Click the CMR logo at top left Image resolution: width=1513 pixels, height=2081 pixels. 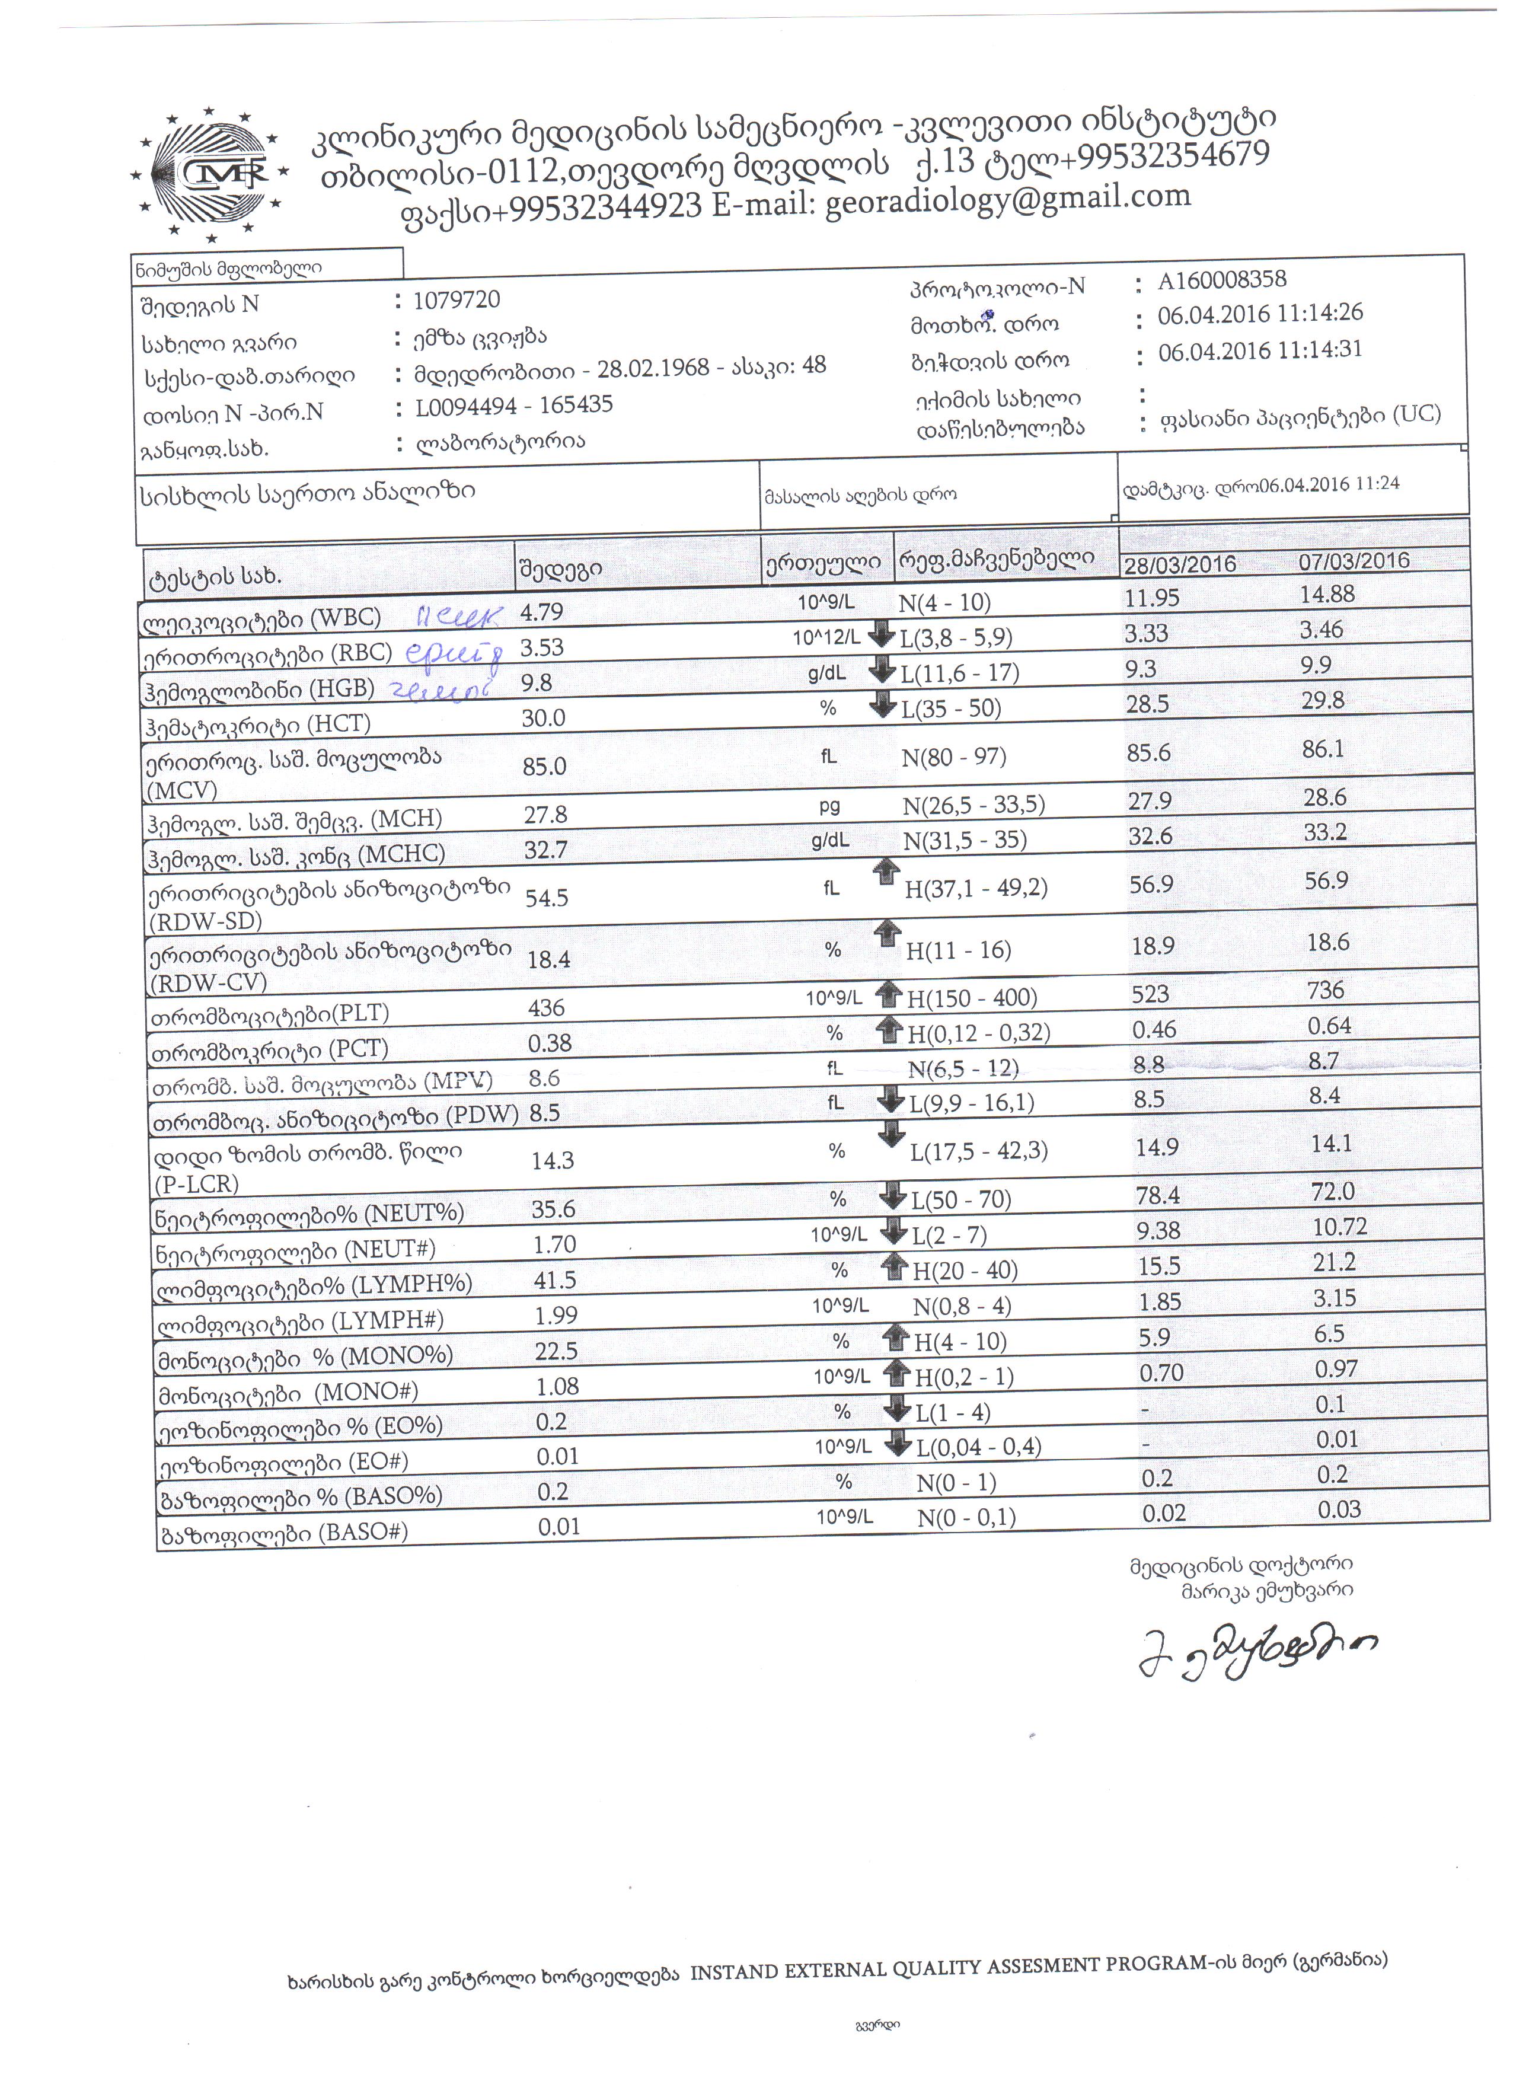click(210, 174)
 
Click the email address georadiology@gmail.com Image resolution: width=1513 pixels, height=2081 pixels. click(1007, 200)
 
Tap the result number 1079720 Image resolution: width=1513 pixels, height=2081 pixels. click(456, 300)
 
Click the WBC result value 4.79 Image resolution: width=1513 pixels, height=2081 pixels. click(541, 612)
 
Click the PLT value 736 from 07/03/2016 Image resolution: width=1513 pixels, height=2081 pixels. click(1326, 990)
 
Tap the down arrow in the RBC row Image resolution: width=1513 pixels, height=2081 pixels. click(881, 634)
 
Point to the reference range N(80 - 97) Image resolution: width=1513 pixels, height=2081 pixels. click(953, 757)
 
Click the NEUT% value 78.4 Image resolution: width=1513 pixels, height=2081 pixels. click(1158, 1195)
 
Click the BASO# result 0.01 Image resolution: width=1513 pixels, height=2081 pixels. click(558, 1526)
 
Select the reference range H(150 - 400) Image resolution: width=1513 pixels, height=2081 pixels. click(972, 997)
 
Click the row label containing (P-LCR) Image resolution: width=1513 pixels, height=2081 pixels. click(307, 1167)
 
